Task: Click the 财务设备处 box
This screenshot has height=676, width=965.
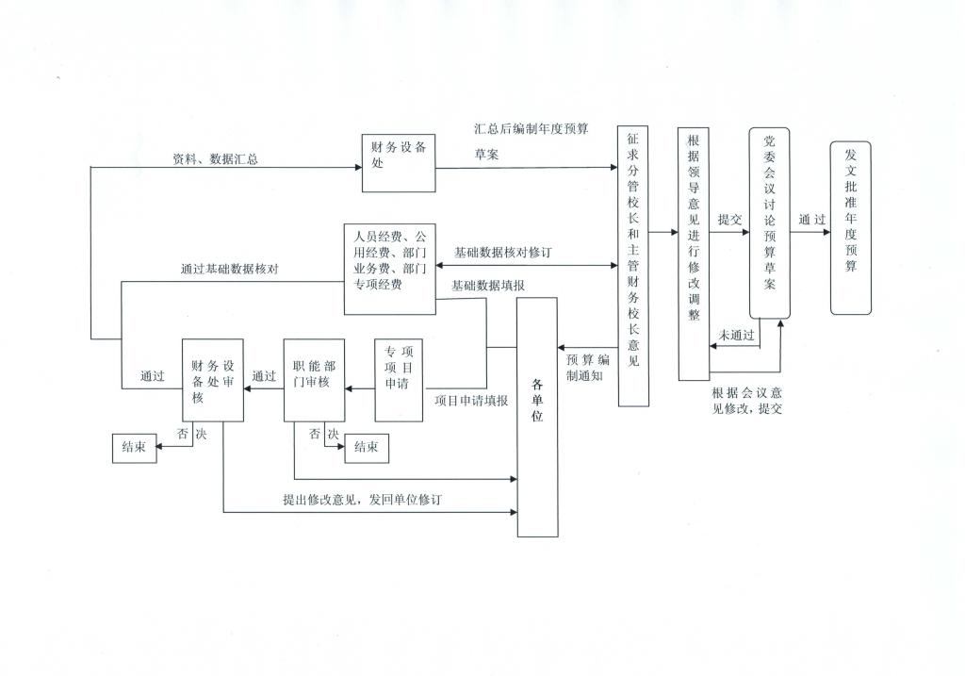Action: [399, 163]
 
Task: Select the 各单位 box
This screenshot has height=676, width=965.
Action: [538, 417]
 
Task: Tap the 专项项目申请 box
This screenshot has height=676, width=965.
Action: [399, 379]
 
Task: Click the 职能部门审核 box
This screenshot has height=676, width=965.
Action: [315, 379]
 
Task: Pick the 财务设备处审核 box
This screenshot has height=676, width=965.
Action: [212, 379]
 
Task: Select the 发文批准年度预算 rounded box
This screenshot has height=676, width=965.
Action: [851, 227]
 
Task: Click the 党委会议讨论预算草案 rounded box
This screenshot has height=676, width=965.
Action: [769, 223]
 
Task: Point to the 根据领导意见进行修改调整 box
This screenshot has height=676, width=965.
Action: [694, 254]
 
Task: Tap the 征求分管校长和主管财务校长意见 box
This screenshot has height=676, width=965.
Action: [633, 265]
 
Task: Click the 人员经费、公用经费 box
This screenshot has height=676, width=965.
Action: [389, 269]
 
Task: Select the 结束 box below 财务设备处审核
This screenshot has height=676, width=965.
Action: [134, 450]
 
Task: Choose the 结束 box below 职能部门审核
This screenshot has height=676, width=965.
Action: [367, 449]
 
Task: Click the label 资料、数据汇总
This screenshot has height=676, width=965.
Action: [215, 159]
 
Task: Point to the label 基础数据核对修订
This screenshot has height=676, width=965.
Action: [502, 253]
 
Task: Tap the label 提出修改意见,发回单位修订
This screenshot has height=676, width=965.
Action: [361, 500]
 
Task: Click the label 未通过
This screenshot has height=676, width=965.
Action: [736, 335]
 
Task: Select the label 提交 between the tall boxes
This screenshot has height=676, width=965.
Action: [730, 219]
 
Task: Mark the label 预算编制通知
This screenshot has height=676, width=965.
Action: [588, 368]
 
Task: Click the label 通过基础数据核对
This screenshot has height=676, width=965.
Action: [229, 269]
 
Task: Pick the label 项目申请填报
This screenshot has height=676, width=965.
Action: [471, 400]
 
